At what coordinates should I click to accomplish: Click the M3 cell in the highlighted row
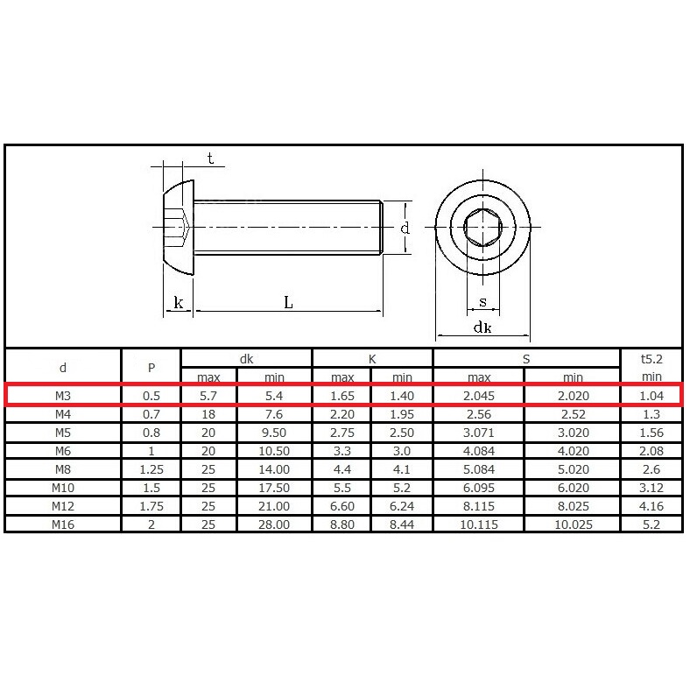click(63, 396)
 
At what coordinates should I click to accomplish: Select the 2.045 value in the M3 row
click(479, 396)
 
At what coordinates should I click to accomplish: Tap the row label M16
click(63, 525)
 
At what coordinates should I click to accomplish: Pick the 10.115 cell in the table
click(479, 525)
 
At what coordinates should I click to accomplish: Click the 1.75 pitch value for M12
click(151, 506)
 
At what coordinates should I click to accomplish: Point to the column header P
click(151, 368)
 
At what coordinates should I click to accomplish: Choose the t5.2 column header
click(651, 359)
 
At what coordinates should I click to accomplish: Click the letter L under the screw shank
click(288, 303)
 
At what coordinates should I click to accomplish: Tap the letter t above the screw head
click(210, 158)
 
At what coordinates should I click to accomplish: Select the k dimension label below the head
click(179, 303)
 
